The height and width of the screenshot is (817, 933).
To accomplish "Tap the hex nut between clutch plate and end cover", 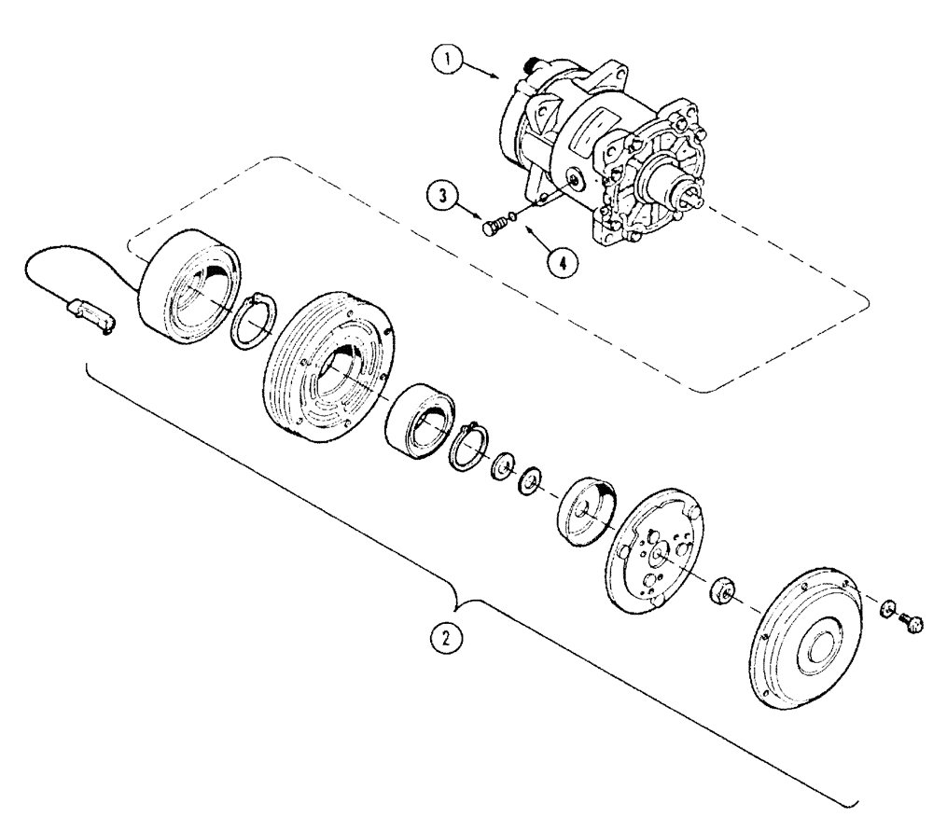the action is pos(723,591).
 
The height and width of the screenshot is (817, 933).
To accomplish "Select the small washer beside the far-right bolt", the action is pos(887,611).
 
